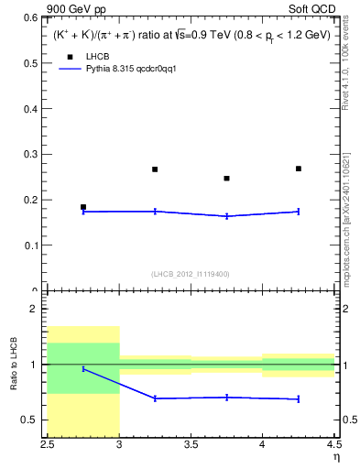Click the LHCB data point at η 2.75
click(83, 207)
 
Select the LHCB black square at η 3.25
click(155, 169)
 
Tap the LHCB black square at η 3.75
click(227, 179)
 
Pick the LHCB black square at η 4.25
click(299, 169)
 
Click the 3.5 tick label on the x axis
click(191, 447)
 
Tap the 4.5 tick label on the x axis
click(333, 447)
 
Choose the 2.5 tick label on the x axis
click(48, 447)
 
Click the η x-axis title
click(335, 459)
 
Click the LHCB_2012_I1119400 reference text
click(191, 274)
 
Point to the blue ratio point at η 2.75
click(83, 368)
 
